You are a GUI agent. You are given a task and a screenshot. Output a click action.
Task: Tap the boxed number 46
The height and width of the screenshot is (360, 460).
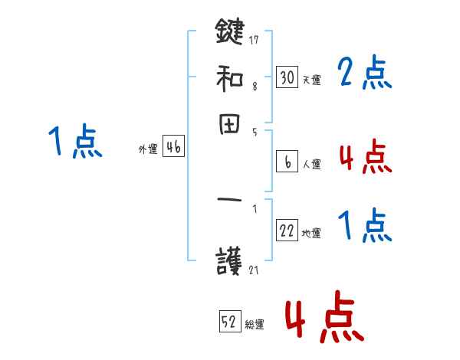[x=173, y=148]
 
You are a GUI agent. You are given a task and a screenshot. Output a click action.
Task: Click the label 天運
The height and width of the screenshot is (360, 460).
[x=311, y=80]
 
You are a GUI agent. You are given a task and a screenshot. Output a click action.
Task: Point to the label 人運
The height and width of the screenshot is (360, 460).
[x=311, y=164]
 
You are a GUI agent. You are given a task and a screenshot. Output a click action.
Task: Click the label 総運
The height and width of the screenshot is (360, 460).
[x=255, y=324]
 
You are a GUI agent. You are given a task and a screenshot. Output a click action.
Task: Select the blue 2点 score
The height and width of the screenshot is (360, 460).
[x=364, y=73]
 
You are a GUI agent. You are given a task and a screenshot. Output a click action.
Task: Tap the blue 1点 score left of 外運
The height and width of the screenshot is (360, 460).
[x=74, y=142]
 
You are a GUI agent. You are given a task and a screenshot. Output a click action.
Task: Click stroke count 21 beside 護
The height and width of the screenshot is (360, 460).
[x=255, y=270]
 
